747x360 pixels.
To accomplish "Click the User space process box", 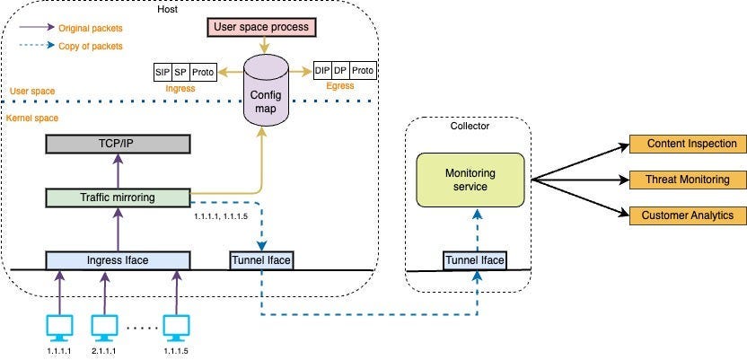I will point(260,27).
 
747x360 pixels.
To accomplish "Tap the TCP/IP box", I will point(118,145).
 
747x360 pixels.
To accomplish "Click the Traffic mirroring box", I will point(118,197).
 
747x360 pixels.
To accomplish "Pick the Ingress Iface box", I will point(118,260).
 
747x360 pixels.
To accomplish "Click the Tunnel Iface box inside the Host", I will point(261,260).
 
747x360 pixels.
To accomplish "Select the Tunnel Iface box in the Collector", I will point(475,260).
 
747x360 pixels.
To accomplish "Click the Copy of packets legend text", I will point(91,46).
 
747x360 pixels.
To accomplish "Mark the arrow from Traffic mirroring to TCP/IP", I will point(118,171).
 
